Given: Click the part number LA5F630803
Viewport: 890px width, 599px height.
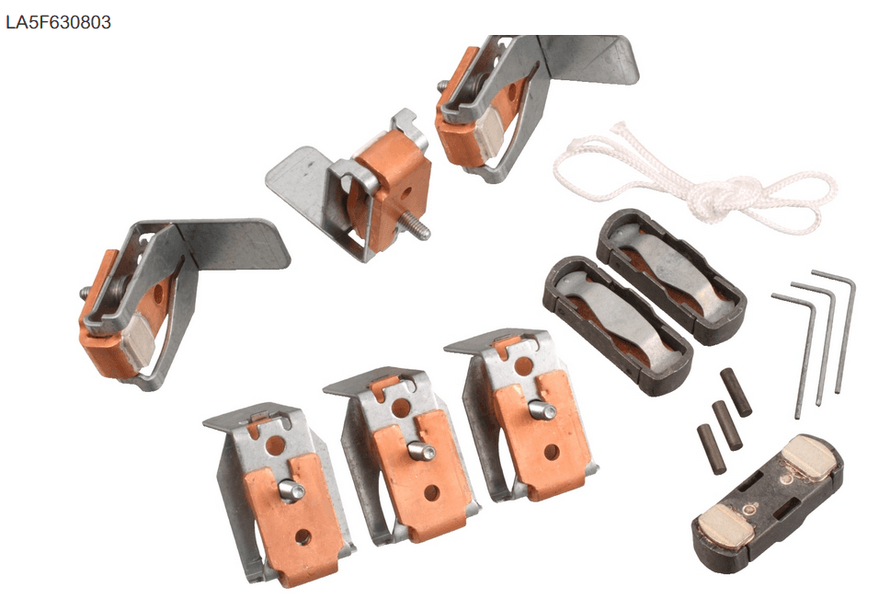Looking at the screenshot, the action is click(x=59, y=22).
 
